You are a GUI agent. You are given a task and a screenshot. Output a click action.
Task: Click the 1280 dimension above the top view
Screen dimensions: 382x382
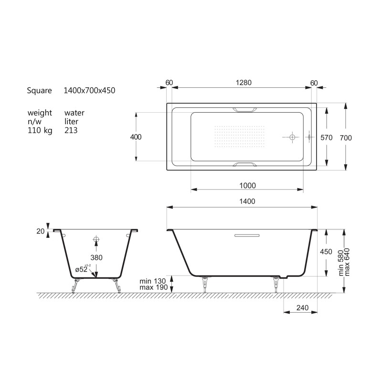(244, 83)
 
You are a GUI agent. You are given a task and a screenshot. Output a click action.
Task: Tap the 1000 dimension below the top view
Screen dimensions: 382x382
(247, 186)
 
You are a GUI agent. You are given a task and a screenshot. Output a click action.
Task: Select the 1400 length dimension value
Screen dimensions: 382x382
(247, 201)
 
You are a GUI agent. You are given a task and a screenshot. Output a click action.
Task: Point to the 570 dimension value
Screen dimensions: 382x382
(326, 138)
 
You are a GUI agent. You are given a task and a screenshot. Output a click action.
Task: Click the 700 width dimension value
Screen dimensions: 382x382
(346, 138)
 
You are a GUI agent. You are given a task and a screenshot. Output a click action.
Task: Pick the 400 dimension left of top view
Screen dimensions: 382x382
(136, 137)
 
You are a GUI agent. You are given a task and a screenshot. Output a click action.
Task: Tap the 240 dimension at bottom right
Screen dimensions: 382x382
(302, 308)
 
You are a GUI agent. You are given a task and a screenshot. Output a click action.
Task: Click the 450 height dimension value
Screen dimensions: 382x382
(326, 252)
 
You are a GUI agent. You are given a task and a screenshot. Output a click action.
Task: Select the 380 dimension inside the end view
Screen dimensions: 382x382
(96, 257)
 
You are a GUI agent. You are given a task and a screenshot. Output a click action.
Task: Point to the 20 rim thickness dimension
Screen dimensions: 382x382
(41, 231)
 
